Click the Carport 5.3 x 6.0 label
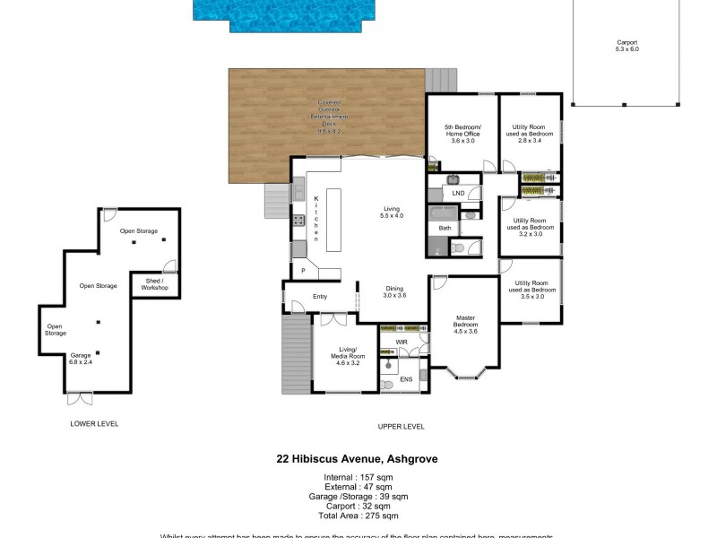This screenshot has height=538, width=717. pos(626,47)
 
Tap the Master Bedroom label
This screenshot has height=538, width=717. pos(464,323)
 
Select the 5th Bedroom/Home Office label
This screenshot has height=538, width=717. pos(462,134)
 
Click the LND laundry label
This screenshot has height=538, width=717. pos(458,193)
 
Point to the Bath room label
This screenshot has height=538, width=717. pos(445,229)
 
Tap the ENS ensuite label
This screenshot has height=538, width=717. pos(406,379)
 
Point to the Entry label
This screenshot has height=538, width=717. pos(320,297)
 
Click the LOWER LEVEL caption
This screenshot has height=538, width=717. pos(94,423)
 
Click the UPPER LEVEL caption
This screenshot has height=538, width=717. pos(402,427)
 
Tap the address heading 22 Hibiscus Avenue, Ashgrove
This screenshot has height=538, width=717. pos(357,458)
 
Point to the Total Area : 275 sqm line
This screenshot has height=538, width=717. pos(357,516)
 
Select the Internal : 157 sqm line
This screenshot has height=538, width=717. pos(357,477)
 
